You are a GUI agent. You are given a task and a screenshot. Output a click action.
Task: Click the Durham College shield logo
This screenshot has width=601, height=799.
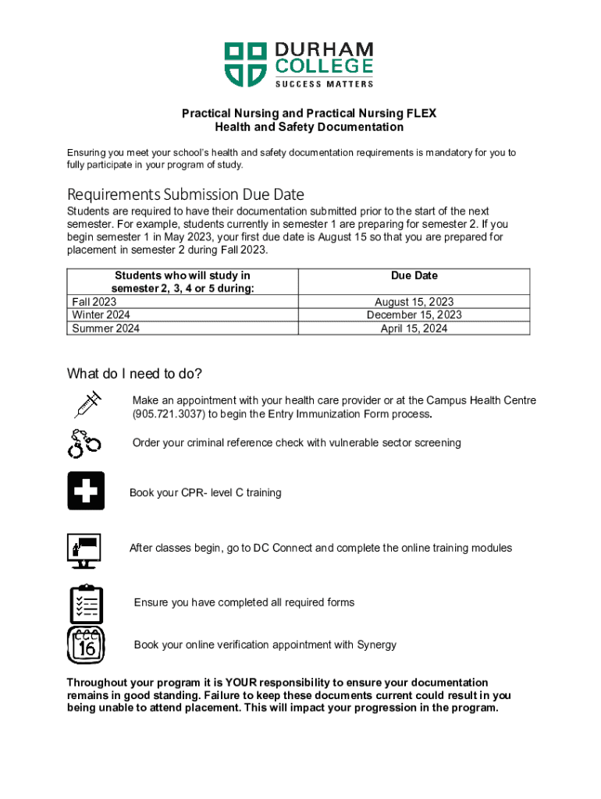[x=245, y=64]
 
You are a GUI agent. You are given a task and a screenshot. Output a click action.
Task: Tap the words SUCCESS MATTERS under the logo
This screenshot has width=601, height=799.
[x=324, y=83]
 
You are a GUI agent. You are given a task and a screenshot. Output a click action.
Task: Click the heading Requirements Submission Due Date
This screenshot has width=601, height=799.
[x=186, y=194]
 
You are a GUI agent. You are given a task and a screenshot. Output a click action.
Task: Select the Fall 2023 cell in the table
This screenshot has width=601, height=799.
[x=94, y=302]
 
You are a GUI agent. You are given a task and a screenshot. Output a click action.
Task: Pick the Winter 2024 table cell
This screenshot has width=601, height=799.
[x=101, y=315]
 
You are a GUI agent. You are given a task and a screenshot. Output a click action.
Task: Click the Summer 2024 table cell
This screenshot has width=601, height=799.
[x=106, y=328]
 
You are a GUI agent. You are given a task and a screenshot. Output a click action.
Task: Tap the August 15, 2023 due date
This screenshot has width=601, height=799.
[x=414, y=302]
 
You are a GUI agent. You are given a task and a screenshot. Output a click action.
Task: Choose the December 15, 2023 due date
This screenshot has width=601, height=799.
[x=414, y=315]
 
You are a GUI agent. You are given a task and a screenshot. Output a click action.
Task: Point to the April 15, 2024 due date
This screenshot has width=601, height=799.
[x=414, y=328]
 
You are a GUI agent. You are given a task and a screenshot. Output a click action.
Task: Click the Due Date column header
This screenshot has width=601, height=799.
[x=414, y=275]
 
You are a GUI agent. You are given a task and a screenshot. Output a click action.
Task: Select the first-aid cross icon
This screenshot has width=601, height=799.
[x=86, y=492]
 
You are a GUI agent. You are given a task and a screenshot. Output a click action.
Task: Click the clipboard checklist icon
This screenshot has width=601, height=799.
[x=86, y=603]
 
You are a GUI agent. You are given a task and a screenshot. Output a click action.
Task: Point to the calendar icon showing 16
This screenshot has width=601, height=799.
[x=86, y=645]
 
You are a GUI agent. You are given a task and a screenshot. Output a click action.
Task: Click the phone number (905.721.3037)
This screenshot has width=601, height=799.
[x=165, y=414]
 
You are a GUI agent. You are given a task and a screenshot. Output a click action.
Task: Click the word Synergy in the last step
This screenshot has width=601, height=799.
[x=376, y=645]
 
